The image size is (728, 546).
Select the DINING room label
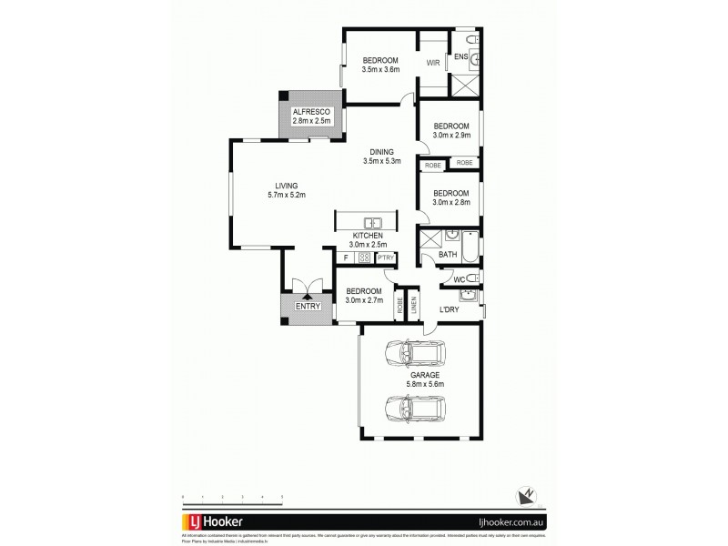[380, 157]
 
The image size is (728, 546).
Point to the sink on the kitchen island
[373, 223]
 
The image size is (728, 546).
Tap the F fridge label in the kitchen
[345, 258]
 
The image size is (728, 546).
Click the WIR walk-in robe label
[434, 64]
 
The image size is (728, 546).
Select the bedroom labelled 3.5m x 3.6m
[379, 65]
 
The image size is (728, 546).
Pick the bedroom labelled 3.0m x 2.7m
[364, 295]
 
